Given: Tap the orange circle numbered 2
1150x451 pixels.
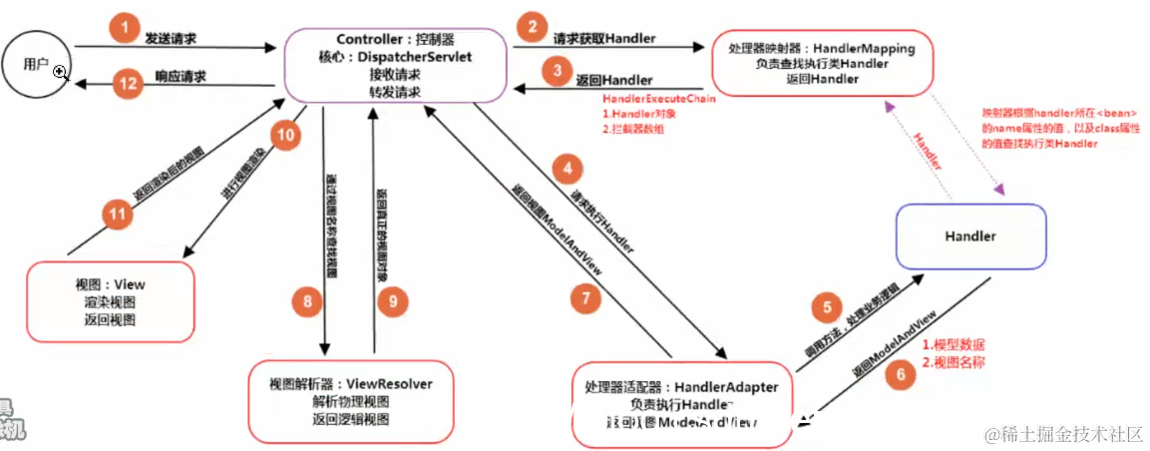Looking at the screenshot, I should pos(535,26).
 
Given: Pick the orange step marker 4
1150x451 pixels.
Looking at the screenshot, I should pos(568,169).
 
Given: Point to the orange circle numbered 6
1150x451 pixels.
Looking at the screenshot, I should pos(900,375).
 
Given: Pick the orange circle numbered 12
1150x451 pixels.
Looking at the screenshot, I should pos(127,84).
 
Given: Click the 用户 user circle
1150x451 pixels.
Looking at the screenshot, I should pos(41,64).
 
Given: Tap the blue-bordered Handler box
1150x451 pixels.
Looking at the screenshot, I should pos(970,236).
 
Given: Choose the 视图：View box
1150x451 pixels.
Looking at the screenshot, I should pos(110,302).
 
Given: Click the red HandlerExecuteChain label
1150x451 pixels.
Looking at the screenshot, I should pos(659,100).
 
